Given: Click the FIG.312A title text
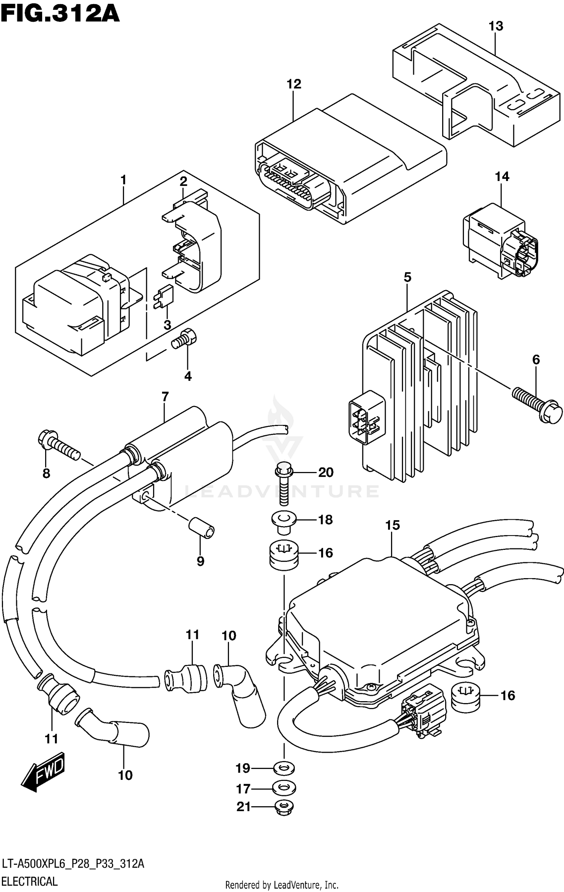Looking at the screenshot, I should coord(60,14).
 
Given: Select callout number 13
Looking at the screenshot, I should coord(496,26).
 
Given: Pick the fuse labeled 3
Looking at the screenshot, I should coord(163,297).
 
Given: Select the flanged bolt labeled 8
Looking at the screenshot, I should coord(58,444).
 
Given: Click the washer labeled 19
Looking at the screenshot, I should coord(284,768).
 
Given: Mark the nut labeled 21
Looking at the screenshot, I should coord(284,807).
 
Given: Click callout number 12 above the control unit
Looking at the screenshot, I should coord(294,84).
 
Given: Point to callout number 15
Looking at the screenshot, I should coord(392,525).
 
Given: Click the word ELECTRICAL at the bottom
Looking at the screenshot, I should coord(30,881).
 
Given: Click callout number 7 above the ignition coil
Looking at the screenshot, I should coord(165,396).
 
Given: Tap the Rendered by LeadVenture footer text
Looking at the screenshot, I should coord(282,884).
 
